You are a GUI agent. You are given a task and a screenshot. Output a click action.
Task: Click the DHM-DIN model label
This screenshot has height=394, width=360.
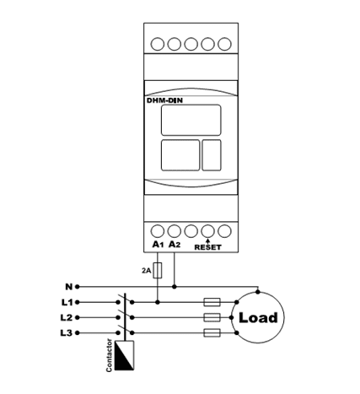pos(164,100)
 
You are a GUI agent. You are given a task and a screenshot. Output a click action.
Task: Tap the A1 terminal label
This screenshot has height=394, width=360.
pos(158,245)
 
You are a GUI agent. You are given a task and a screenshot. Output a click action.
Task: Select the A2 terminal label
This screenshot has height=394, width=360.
pos(175,245)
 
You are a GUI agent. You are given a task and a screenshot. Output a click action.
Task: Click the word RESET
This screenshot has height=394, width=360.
pos(208,247)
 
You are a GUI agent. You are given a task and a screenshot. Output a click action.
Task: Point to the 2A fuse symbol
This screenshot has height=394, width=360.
pos(158,271)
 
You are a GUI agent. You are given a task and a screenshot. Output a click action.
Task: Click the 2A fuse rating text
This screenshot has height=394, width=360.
pos(146,271)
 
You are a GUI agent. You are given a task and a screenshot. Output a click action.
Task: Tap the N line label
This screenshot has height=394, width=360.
pos(69,287)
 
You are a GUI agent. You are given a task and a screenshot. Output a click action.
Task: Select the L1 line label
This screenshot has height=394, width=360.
pos(67,302)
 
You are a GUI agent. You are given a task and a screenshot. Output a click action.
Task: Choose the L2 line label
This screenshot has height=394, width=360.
pos(67,317)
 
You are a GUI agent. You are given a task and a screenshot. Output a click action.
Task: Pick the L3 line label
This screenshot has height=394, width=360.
pos(67,333)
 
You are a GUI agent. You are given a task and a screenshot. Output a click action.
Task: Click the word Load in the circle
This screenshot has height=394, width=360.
pos(258,318)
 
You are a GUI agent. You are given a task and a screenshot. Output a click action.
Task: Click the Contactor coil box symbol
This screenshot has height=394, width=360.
pos(125,355)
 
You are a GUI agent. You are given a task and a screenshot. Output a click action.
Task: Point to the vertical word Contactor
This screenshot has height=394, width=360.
pos(109,355)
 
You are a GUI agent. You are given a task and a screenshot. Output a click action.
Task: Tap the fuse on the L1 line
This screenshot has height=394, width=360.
pos(212,302)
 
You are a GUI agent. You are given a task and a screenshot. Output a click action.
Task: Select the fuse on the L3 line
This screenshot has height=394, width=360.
pos(212,333)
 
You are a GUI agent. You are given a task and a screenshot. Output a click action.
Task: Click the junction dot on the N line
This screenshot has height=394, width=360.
pos(175,287)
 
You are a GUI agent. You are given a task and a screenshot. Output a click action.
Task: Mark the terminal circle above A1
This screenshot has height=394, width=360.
pos(158,231)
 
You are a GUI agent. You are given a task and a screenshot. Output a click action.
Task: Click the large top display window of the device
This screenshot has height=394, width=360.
pos(191,120)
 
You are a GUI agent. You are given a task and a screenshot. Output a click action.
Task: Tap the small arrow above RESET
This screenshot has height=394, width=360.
pos(207,241)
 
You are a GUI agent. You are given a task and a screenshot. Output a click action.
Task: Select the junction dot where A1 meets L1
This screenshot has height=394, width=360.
pos(158,302)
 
